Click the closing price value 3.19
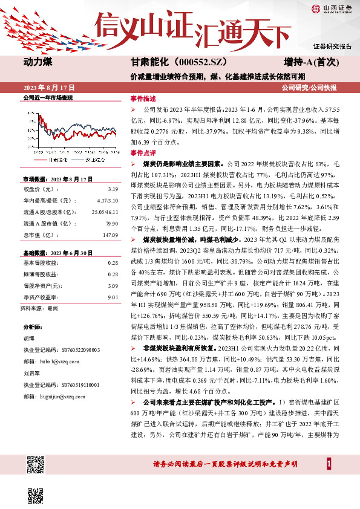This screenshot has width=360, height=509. [x=113, y=188]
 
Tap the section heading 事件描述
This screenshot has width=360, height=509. [x=143, y=98]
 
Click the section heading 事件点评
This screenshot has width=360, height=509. [x=143, y=154]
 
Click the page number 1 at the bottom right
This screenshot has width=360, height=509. [x=329, y=463]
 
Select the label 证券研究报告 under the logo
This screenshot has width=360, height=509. [x=332, y=47]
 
